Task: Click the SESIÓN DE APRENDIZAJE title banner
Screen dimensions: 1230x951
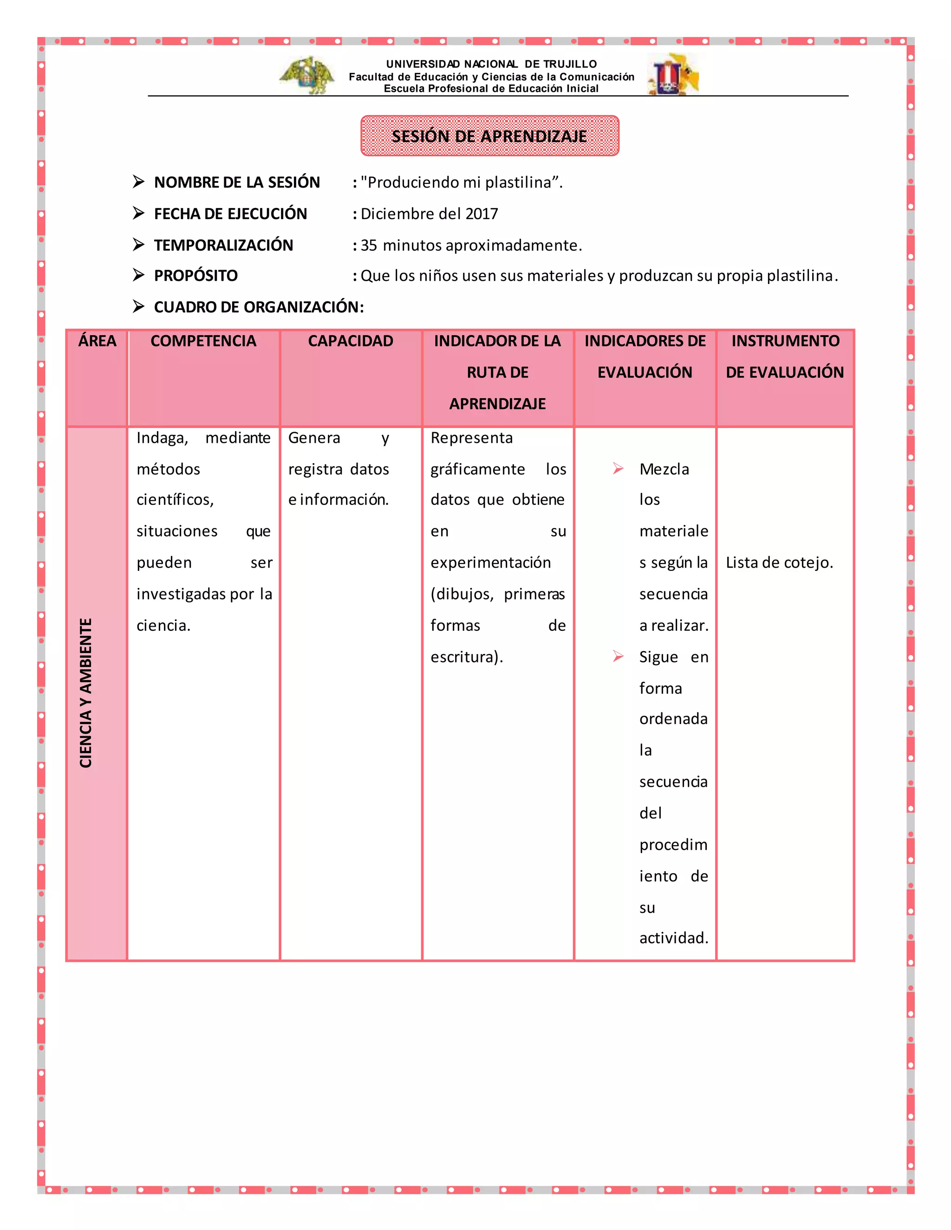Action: coord(489,136)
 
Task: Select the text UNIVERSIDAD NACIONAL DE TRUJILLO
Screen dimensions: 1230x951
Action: coord(491,64)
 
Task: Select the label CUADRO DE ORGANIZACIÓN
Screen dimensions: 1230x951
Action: coord(259,307)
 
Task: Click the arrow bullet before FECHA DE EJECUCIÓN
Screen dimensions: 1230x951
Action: coord(138,213)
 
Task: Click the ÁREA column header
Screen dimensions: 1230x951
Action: coord(97,341)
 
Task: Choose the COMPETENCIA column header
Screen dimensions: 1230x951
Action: coord(203,341)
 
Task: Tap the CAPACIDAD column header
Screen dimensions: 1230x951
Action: coord(351,341)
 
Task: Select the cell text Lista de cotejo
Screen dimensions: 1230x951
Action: coord(779,563)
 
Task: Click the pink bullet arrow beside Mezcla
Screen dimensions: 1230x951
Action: coord(618,469)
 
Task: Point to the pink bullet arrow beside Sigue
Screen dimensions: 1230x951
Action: coord(618,656)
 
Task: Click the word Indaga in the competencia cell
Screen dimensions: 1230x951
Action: coord(162,438)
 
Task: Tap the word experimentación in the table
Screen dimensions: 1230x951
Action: coord(490,563)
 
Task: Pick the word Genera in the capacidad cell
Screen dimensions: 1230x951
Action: coord(314,438)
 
